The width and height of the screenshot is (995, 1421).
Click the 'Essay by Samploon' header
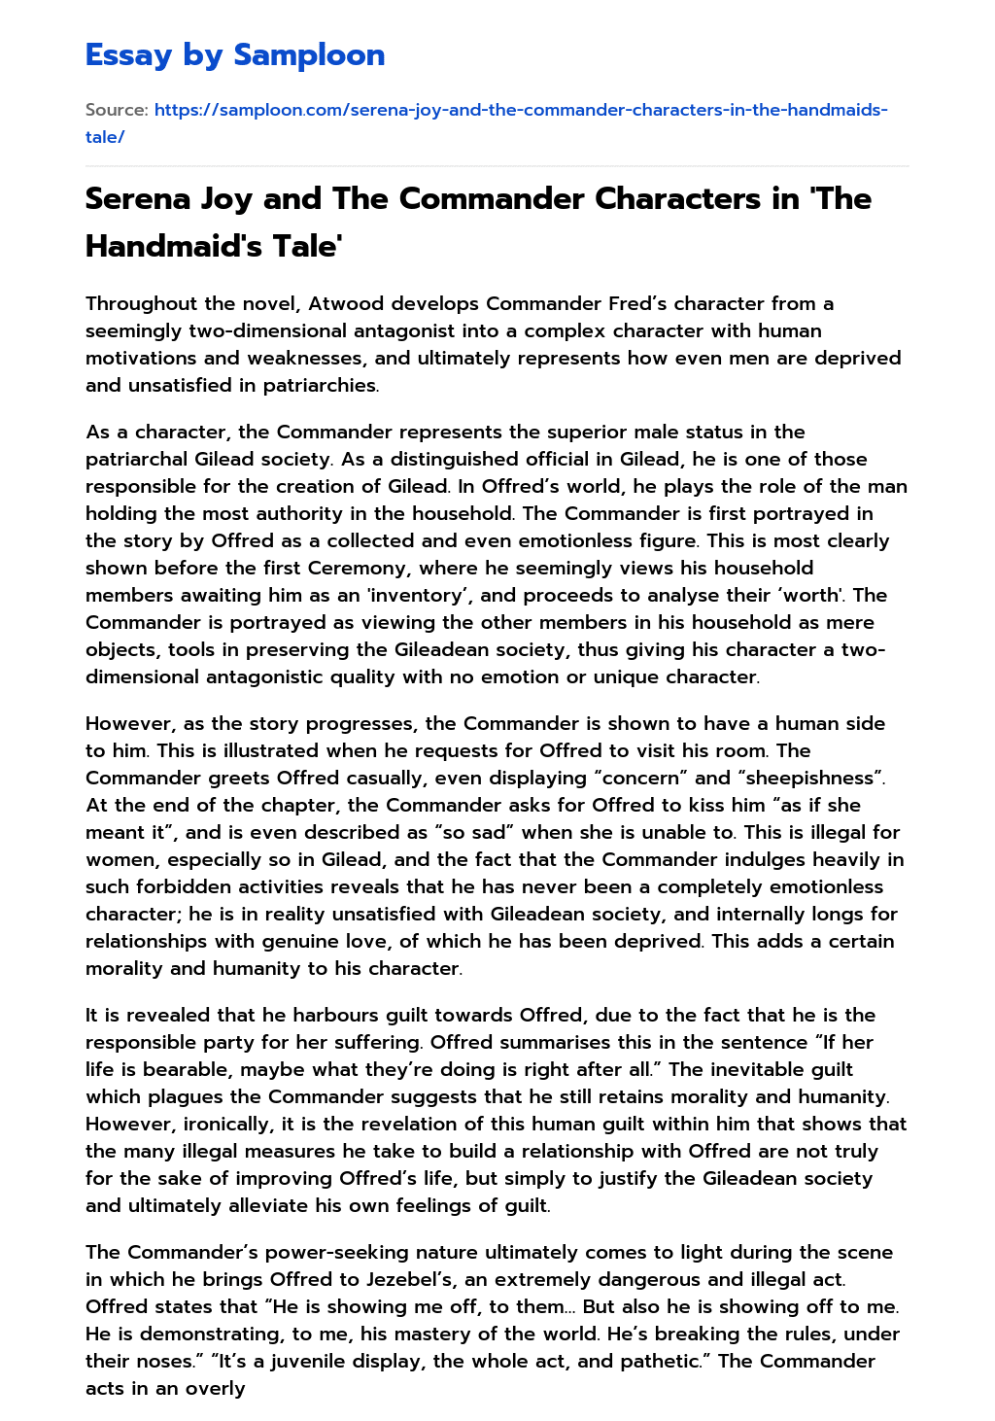point(234,55)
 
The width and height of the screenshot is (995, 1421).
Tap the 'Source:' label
point(117,110)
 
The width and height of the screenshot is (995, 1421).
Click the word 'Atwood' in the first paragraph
point(342,303)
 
